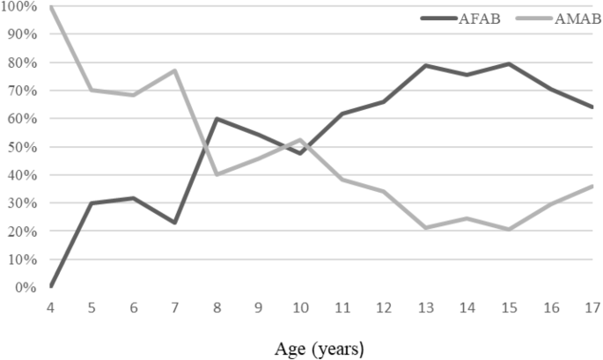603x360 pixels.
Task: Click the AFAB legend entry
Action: (x=460, y=18)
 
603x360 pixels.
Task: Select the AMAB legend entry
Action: (x=558, y=18)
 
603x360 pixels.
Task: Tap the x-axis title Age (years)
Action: (x=320, y=349)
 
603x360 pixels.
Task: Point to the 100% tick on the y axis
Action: (x=18, y=6)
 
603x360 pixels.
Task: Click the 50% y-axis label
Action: (x=22, y=147)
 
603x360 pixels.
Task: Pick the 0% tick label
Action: (x=26, y=288)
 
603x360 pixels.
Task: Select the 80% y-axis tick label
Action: (x=22, y=62)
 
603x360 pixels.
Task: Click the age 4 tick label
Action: (x=50, y=308)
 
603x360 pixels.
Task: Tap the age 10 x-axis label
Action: (x=300, y=308)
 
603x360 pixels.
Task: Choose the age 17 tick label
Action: (x=592, y=308)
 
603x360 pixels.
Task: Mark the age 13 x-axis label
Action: (x=426, y=308)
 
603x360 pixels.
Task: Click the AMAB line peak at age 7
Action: (x=175, y=70)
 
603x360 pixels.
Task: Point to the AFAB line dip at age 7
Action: (x=175, y=223)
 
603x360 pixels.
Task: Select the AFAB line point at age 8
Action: (x=217, y=119)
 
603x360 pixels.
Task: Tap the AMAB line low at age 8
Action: (x=217, y=174)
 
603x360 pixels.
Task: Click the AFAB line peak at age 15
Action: (x=509, y=63)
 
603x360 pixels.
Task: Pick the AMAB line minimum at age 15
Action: (x=509, y=230)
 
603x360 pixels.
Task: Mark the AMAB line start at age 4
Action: (x=50, y=7)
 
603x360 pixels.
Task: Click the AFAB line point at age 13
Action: (x=426, y=65)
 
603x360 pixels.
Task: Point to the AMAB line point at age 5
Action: (x=92, y=90)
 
